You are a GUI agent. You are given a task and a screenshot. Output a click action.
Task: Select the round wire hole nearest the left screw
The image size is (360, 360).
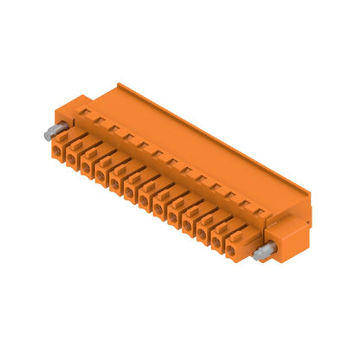coord(57,153)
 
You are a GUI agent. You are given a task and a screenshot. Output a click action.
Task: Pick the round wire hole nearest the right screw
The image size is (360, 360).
coord(230,250)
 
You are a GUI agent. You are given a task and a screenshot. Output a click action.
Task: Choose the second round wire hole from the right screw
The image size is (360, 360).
coord(215,242)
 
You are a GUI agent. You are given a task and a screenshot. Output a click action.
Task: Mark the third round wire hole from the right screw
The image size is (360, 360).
coord(200,234)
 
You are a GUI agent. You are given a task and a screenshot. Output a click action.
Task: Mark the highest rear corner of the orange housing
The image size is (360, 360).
coord(119,83)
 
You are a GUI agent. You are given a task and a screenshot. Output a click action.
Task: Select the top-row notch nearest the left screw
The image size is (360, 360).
coord(85,112)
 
